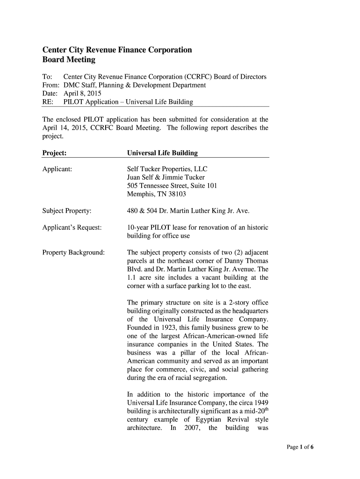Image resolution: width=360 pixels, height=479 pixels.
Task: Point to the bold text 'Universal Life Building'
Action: point(162,153)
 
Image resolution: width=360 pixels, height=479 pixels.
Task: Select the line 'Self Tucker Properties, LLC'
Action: point(167,169)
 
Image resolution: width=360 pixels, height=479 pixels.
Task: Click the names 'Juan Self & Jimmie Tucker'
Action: point(166,177)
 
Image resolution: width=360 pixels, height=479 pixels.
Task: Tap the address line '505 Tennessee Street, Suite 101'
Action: point(172,186)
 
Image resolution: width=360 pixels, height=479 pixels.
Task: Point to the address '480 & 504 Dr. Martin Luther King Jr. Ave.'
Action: point(188,211)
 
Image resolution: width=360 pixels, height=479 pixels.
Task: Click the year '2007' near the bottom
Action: point(193,428)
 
